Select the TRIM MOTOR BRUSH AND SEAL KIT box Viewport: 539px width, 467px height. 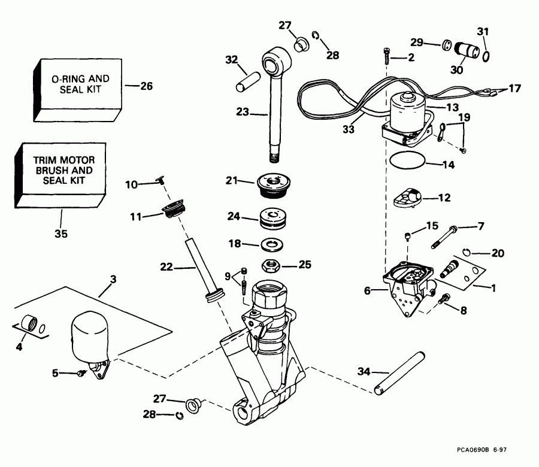click(x=60, y=175)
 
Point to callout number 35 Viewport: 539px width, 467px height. click(x=61, y=233)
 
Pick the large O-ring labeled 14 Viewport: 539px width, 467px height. click(x=408, y=161)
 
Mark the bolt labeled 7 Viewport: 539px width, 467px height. click(x=442, y=237)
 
